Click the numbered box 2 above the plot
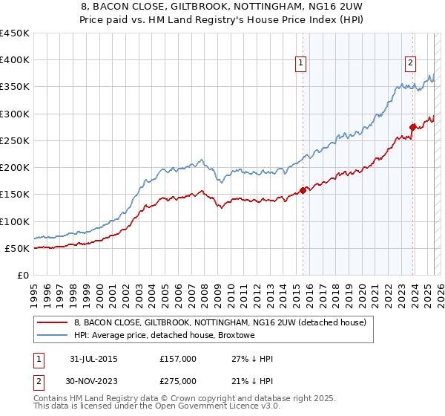click(x=410, y=64)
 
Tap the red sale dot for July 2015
click(x=303, y=191)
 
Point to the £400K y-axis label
click(x=15, y=60)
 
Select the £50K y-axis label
click(x=18, y=248)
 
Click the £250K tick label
click(x=15, y=140)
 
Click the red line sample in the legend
click(x=52, y=322)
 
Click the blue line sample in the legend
click(x=52, y=336)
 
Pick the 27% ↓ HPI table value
click(x=252, y=359)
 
